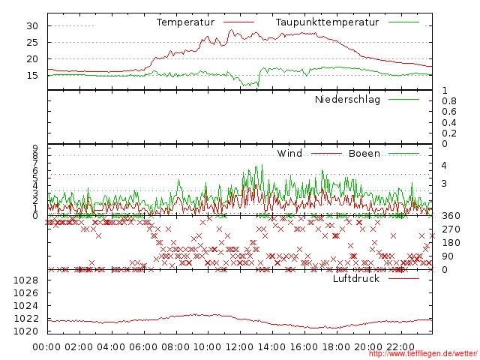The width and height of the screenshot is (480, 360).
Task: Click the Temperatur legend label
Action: point(185,22)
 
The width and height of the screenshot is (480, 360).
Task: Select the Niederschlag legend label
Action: point(347,100)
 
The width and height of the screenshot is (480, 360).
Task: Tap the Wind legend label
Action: point(289,154)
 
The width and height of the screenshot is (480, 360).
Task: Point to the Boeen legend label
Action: point(364,154)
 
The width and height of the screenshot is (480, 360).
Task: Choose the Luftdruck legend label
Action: point(356,279)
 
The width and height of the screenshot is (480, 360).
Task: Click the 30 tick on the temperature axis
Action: point(32,26)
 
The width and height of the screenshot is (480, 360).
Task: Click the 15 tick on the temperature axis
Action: point(32,75)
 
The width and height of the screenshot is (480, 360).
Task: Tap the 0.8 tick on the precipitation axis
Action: point(449,101)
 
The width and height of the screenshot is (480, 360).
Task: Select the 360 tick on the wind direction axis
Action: point(451,216)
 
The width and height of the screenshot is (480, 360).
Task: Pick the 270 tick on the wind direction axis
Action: point(451,229)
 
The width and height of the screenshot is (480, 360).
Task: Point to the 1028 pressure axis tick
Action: point(26,280)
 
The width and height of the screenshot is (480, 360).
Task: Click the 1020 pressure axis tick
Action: point(26,331)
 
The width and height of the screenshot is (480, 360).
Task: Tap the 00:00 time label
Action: point(48,347)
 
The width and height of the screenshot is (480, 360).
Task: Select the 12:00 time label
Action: point(240,347)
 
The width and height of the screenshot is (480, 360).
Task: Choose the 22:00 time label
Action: point(400,347)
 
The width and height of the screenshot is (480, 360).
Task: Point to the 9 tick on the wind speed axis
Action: point(34,148)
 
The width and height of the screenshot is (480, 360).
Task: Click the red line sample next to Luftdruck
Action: point(404,279)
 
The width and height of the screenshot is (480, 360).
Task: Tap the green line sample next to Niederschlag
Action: point(404,100)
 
